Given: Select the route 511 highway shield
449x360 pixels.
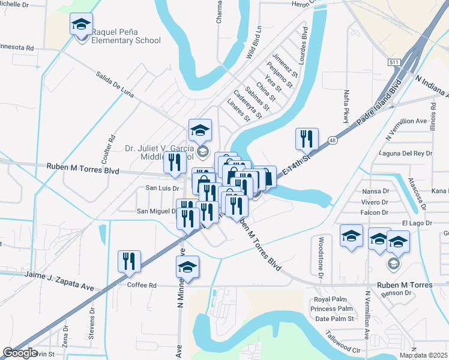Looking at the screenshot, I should [x=394, y=62].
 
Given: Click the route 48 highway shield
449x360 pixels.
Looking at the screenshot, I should [x=332, y=140].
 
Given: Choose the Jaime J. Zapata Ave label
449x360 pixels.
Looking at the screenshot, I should [x=59, y=280].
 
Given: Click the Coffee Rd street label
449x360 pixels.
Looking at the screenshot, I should [x=142, y=285].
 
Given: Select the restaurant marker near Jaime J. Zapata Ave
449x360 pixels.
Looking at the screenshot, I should [x=129, y=262].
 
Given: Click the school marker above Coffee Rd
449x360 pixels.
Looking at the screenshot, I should [x=187, y=268].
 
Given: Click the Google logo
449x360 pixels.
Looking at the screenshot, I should [x=20, y=352].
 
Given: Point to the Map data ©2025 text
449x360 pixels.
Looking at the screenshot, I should [x=423, y=355].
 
